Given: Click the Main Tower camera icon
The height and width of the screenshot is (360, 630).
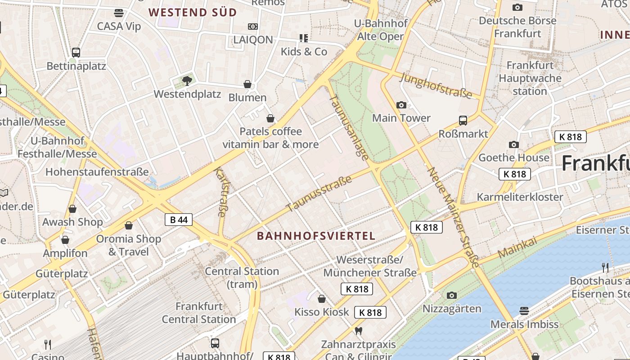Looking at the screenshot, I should pyautogui.click(x=401, y=105).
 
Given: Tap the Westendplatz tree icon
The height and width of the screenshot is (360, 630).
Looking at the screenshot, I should pyautogui.click(x=187, y=81).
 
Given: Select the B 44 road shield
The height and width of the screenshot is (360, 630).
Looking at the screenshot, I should pyautogui.click(x=179, y=220).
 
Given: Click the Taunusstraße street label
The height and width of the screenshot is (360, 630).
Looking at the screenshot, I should pyautogui.click(x=319, y=193).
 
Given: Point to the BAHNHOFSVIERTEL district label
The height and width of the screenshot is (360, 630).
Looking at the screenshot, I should pyautogui.click(x=316, y=236).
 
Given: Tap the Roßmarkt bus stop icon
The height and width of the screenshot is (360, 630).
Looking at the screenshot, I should pyautogui.click(x=463, y=121).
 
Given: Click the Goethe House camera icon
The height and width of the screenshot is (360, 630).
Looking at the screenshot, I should pyautogui.click(x=514, y=144).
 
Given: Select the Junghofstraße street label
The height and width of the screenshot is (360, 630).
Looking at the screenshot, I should pyautogui.click(x=436, y=85).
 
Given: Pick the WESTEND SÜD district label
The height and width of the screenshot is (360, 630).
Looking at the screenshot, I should pyautogui.click(x=193, y=13).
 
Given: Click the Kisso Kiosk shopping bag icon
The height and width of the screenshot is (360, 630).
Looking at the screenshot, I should pyautogui.click(x=322, y=299).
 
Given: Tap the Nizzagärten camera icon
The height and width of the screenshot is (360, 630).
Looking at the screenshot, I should pyautogui.click(x=452, y=295).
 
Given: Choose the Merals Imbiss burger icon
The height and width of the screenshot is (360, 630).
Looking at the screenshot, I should pyautogui.click(x=524, y=310).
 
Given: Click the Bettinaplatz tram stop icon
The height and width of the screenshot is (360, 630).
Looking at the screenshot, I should pyautogui.click(x=76, y=53).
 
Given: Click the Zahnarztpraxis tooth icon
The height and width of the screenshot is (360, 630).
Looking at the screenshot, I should pyautogui.click(x=359, y=331).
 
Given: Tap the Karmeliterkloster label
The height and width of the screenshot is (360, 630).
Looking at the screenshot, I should pyautogui.click(x=520, y=197).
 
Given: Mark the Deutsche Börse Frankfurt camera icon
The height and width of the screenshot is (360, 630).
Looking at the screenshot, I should pyautogui.click(x=517, y=7).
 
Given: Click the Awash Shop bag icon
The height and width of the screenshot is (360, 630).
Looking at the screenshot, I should pyautogui.click(x=72, y=209).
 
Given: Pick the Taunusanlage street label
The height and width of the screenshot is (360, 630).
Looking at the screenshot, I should pyautogui.click(x=349, y=127).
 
